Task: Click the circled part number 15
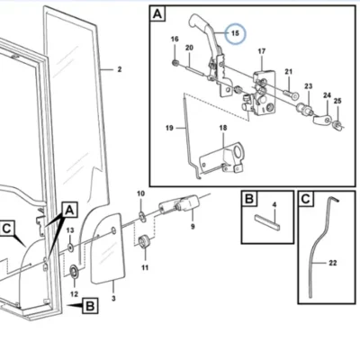click(235, 33)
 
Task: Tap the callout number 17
click(262, 51)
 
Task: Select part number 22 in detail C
click(333, 263)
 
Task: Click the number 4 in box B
click(274, 204)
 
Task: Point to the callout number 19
click(169, 128)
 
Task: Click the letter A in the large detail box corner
click(157, 13)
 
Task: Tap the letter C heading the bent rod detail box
click(305, 199)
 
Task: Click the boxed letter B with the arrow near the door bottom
click(90, 306)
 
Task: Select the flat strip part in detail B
click(267, 221)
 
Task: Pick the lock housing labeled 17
click(264, 93)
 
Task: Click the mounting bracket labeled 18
click(222, 157)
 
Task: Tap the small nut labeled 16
click(175, 63)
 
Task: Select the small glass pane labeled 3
click(108, 248)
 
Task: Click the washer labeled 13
click(70, 247)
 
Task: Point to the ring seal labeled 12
click(74, 271)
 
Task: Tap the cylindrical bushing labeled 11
click(145, 242)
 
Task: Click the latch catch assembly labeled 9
click(179, 204)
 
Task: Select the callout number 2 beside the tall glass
click(120, 69)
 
